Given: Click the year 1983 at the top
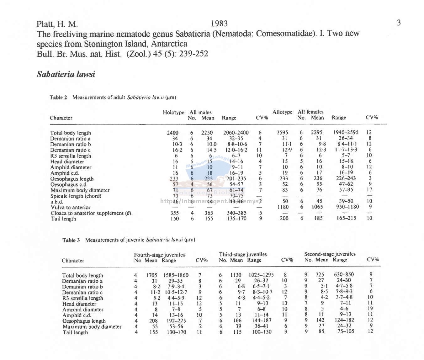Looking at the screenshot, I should pos(219,24).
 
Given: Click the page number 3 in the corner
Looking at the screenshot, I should pos(399,23).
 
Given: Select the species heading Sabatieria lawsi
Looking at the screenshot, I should pos(66,74).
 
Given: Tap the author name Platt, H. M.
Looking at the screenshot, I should pos(57,24).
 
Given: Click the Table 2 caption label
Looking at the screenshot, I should pos(58,98).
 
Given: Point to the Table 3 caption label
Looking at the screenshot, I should pos(71,240).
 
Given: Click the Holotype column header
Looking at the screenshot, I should pos(173,112).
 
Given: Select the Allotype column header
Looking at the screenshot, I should pos(282,112).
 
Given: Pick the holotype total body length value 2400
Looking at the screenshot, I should pos(172,133).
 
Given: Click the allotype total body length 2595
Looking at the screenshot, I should pos(282,132).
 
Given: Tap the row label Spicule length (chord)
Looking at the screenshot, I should pos(76,196).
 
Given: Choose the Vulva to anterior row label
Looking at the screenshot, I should pos(71,207).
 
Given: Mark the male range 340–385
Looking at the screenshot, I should pos(237,213).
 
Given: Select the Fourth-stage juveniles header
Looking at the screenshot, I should pos(159,255).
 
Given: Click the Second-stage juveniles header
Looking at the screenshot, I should pos(330,254).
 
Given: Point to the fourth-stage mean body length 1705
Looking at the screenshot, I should pos(152,275).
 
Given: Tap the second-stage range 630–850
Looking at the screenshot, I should pos(344,274).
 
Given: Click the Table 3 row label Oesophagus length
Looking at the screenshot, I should pos(84,321).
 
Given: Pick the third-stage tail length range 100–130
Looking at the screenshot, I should pos(262,332).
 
